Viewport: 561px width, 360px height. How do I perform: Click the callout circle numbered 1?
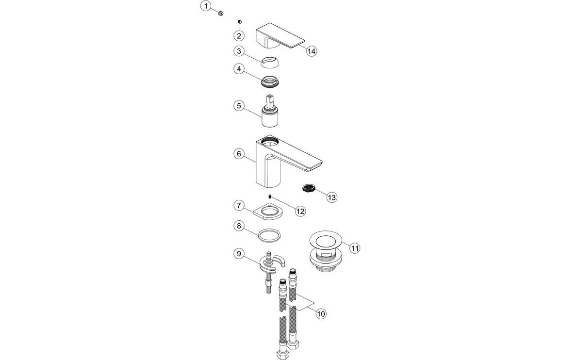click(x=207, y=6)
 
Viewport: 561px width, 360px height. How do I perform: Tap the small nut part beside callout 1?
click(x=220, y=12)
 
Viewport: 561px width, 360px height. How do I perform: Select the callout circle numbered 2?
click(x=239, y=35)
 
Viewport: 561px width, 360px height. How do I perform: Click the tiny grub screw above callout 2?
click(x=240, y=22)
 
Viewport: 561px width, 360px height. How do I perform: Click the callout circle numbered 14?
click(x=312, y=50)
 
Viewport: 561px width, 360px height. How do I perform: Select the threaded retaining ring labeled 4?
click(x=272, y=82)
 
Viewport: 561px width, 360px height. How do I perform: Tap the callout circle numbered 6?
click(x=239, y=154)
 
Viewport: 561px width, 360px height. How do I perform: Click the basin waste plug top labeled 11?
click(x=325, y=240)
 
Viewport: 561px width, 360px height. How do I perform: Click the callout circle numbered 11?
click(x=355, y=248)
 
